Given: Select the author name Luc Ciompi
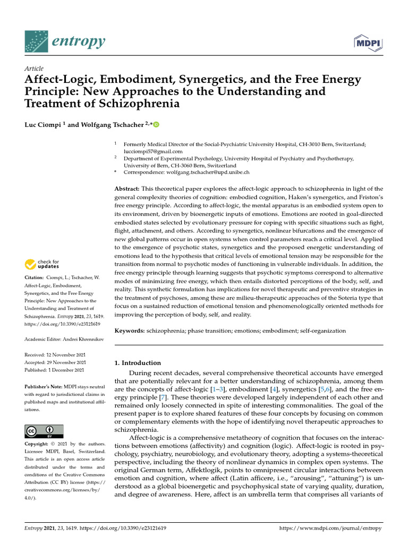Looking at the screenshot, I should [43, 125].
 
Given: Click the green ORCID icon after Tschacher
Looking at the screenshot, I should [156, 125].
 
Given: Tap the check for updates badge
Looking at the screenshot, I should [42, 263].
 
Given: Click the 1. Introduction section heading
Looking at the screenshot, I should [138, 363].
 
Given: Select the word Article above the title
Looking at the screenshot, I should [34, 69].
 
